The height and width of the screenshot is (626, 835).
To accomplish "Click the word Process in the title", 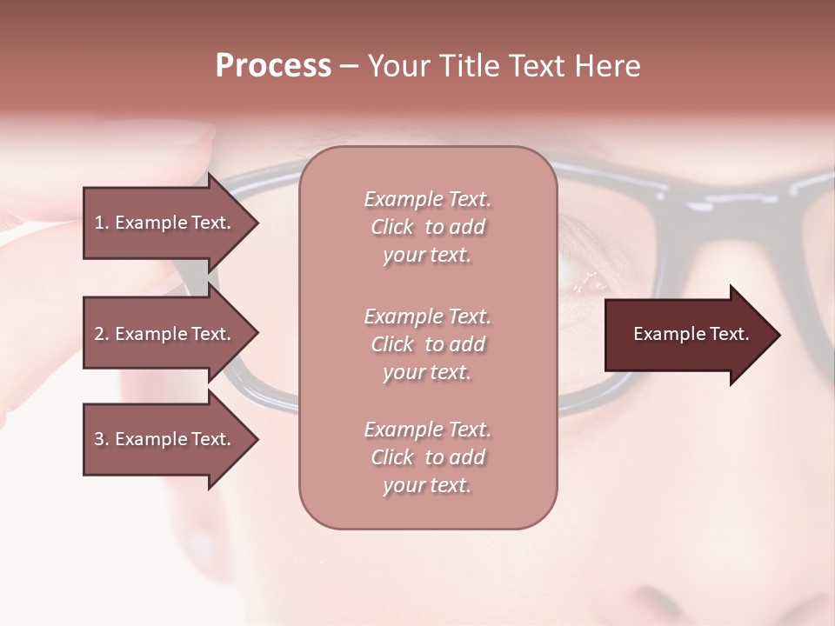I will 273,66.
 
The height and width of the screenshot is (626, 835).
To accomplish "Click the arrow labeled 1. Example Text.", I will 165,223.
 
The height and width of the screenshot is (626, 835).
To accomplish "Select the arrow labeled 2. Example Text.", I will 165,334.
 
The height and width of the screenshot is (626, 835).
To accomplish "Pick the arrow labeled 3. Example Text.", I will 165,440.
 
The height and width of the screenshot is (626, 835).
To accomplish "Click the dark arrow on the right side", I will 687,335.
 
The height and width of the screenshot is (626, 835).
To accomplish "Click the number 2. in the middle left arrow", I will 101,334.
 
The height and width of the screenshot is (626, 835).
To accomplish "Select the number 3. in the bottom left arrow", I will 101,440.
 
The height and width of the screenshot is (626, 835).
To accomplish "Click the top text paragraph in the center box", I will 428,227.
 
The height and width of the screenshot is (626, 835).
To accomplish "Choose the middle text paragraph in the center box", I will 428,344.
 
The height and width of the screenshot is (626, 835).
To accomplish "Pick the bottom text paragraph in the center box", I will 428,457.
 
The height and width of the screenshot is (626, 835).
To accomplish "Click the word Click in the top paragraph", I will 392,227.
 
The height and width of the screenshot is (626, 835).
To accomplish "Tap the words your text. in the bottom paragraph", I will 427,485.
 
